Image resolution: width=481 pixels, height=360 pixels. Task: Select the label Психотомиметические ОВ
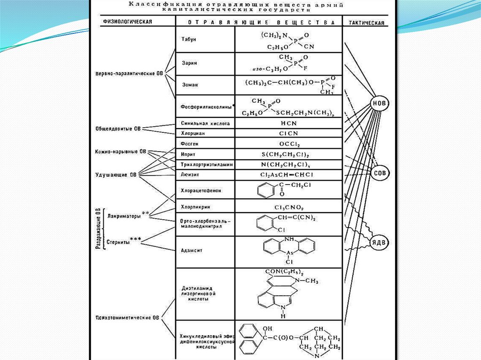coord(124,318)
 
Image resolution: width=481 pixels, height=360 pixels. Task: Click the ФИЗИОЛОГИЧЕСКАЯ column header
coord(125,22)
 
